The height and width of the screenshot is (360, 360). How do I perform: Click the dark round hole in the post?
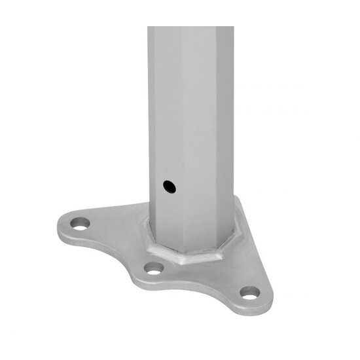click(x=170, y=187)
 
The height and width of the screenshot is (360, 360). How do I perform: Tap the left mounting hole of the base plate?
click(x=80, y=223)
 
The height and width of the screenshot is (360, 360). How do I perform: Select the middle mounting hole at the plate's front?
click(x=154, y=268)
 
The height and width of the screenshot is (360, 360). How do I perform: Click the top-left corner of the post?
click(x=149, y=27)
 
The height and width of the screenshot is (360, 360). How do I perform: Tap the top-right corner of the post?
click(x=233, y=27)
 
